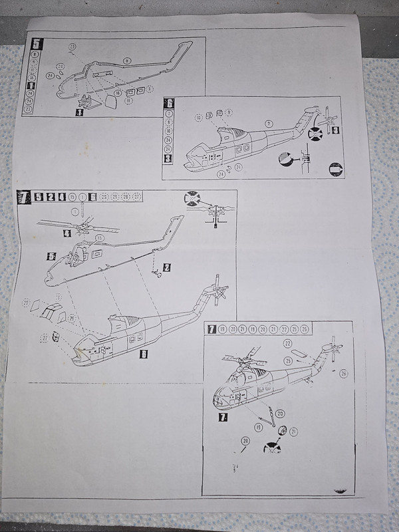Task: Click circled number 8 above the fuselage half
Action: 126,61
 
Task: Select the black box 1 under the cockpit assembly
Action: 80,113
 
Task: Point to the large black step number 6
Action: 170,103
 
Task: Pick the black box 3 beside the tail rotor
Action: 336,129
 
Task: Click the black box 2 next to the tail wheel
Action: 167,267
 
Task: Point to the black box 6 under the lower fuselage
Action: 143,354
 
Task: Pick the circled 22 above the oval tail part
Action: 288,342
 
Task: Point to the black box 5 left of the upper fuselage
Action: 51,255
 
